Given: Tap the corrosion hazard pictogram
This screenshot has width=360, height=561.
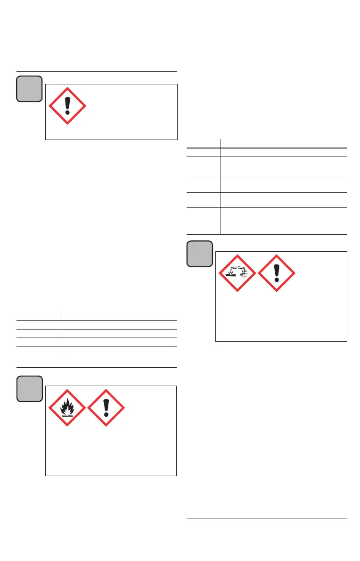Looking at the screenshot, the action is [x=237, y=273].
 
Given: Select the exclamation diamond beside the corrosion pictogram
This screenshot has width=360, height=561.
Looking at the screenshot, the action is [x=277, y=273].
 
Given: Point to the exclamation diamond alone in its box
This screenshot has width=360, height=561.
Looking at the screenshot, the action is [x=67, y=106].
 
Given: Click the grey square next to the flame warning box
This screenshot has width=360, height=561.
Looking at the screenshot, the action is [x=30, y=388].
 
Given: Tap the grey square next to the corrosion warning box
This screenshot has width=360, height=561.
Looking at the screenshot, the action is [x=200, y=254].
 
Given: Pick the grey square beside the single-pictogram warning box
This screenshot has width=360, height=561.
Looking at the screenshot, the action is [x=30, y=88].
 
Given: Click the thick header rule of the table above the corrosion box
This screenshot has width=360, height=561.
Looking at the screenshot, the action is [x=267, y=148].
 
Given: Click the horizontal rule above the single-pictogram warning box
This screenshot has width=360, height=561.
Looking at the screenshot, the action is [x=97, y=71].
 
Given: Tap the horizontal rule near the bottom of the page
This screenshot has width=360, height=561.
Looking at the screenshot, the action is [x=267, y=519].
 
